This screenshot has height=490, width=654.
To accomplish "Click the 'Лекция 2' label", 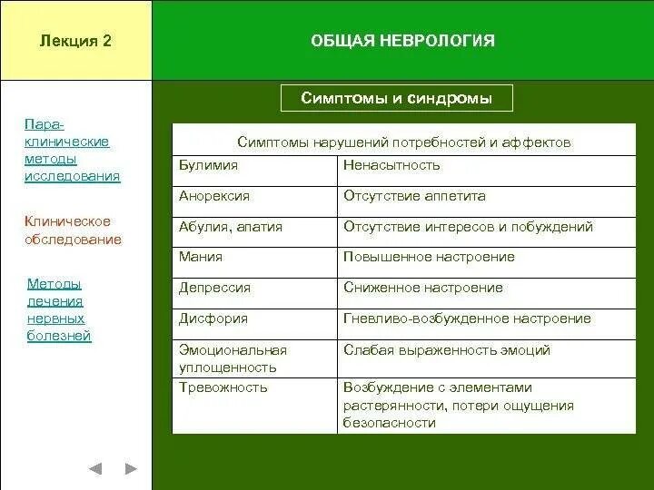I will [75, 41].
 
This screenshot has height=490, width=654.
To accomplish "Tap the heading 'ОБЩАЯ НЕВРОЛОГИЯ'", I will [402, 41].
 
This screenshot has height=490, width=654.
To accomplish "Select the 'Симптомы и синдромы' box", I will [396, 98].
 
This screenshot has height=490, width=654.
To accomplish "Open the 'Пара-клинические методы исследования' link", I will [72, 151].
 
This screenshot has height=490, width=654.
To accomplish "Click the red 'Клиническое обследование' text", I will [73, 230].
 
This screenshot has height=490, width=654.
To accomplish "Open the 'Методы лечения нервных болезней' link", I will [59, 309].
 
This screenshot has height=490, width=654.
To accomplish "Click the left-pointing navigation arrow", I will [95, 469].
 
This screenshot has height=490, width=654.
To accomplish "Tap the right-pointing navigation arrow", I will [131, 469].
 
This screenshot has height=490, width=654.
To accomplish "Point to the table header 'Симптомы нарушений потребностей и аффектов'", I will [403, 142].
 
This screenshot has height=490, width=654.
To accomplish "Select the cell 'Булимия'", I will [208, 165].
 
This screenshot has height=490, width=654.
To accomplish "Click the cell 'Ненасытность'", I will [391, 165].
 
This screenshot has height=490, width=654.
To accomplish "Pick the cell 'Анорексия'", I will [214, 196].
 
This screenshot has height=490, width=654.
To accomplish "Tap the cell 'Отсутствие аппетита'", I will [414, 196].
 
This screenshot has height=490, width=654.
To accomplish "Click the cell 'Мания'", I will [201, 257].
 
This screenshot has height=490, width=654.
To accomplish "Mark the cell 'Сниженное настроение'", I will [422, 288].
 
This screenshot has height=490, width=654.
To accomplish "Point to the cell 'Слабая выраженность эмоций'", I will [446, 350].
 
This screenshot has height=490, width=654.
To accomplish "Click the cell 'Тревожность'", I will [223, 387].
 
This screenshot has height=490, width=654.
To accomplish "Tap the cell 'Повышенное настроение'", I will [429, 257].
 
